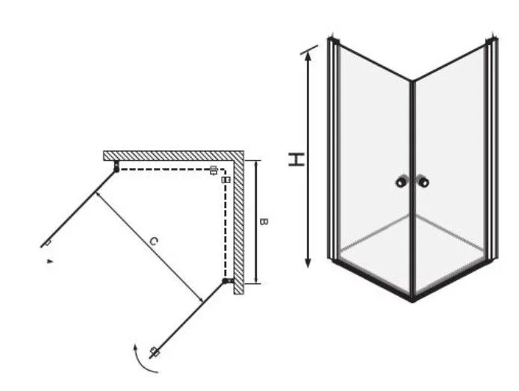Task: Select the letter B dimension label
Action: point(264,222)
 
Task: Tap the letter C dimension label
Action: point(153,241)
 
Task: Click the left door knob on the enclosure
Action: point(401,182)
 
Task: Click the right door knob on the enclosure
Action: point(423,182)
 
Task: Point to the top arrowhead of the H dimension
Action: point(308,56)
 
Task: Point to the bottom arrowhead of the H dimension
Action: point(308,262)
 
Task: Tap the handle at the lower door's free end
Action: point(155,352)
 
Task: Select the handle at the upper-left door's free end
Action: point(48,243)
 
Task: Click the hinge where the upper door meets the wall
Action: point(116,166)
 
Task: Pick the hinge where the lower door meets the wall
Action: point(228,281)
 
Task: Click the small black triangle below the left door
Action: point(49,261)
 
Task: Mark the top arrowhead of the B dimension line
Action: point(256,164)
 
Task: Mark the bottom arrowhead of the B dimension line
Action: point(256,280)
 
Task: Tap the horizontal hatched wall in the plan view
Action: point(173,156)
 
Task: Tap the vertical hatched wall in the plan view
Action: point(239,223)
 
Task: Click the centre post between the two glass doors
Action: point(412,191)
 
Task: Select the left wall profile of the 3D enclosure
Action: point(334,149)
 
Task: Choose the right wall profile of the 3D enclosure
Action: point(491,149)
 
